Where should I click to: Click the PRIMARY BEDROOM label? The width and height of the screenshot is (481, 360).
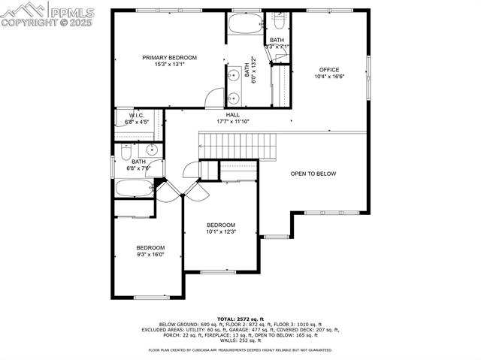[170, 58]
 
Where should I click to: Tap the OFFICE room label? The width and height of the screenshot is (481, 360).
[329, 70]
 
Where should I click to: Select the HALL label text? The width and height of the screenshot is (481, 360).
[222, 115]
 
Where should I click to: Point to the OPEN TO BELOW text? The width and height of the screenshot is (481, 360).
[313, 174]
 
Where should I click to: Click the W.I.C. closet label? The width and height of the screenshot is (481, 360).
[136, 115]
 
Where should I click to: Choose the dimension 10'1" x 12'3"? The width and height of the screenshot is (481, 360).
[221, 231]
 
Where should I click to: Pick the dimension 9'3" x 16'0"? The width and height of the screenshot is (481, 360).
[150, 255]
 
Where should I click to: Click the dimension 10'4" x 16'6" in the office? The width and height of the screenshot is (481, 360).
[329, 77]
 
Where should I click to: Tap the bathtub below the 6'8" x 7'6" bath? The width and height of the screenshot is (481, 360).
[135, 188]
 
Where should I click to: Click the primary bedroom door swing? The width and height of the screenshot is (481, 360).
[216, 97]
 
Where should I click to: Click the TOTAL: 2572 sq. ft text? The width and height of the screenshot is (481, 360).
[240, 319]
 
